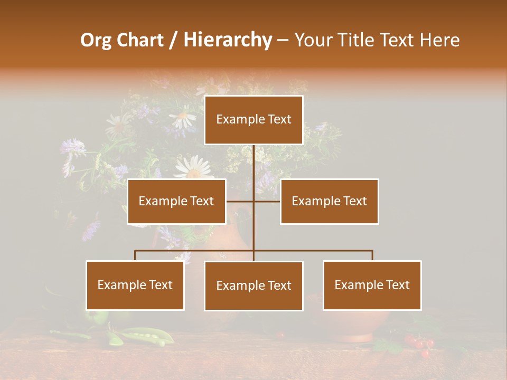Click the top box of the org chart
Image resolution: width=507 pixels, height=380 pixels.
click(x=253, y=120)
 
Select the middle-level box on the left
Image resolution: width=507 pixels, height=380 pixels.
click(x=176, y=201)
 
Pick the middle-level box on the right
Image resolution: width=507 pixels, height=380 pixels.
click(x=329, y=201)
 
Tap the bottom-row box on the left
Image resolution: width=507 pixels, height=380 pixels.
click(x=135, y=285)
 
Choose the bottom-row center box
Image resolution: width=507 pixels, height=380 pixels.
click(x=253, y=286)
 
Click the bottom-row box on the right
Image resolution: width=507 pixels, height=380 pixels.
click(x=372, y=285)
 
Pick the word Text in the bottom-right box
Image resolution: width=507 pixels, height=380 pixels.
click(x=397, y=285)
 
